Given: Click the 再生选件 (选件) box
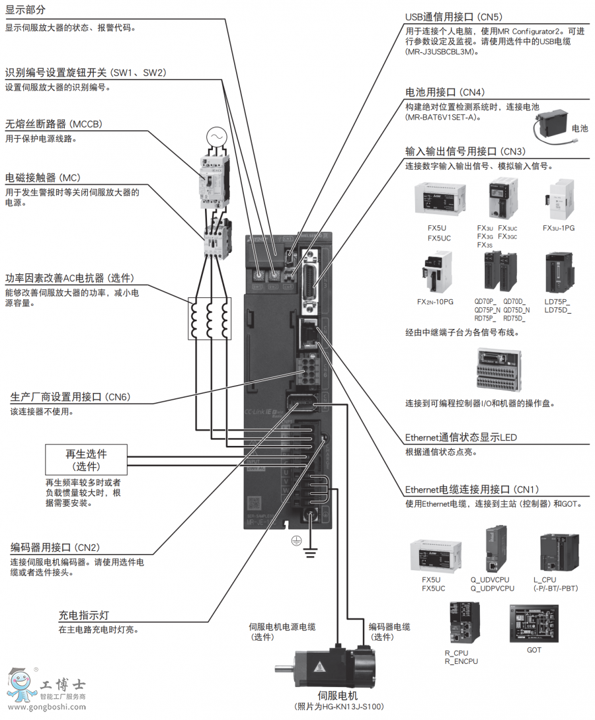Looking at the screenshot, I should point(86,460).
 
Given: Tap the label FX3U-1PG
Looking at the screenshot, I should point(559,229).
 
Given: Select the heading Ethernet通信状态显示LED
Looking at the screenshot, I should point(461,437).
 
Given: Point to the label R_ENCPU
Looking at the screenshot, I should point(461,661).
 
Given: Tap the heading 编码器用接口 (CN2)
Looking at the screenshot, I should point(56,548).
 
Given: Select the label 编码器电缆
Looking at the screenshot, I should point(389,627).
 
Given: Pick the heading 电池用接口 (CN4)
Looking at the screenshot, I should point(445,92).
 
